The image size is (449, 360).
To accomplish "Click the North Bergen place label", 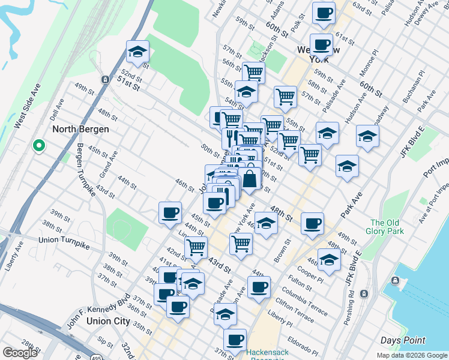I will pos(80,129).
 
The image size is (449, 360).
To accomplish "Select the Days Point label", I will pos(403,340).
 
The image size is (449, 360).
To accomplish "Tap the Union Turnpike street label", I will pos(65,240).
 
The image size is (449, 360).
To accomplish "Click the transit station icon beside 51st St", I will pos(105,79).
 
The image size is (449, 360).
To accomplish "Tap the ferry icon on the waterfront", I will pos(396,281).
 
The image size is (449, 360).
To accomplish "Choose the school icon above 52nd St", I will pos(137,52).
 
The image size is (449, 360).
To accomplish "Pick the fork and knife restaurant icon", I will pos(231,137).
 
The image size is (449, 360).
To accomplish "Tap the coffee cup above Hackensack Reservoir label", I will pos(235,339).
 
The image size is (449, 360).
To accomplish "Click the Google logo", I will pos(19,353).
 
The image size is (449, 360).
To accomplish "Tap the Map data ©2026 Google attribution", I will pos(411,355).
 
